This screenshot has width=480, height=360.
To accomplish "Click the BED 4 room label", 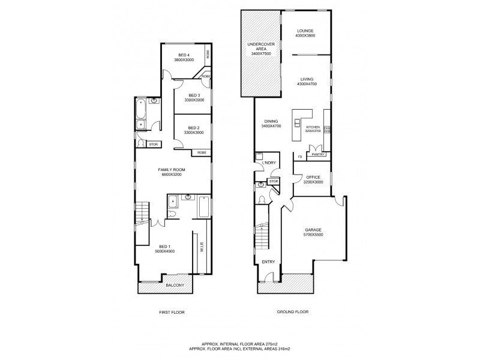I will click(184, 55).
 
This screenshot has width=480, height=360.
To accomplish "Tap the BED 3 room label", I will click(193, 95).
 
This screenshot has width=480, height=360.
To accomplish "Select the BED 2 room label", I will click(193, 127).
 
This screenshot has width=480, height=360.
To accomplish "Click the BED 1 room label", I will click(165, 247).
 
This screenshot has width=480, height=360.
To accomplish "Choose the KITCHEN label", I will click(313, 128).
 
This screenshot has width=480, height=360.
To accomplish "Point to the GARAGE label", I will click(313, 230).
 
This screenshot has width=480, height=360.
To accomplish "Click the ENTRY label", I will click(268, 262).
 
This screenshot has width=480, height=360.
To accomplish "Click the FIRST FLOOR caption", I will click(172, 313).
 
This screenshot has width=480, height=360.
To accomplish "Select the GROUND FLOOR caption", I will click(292, 313).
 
